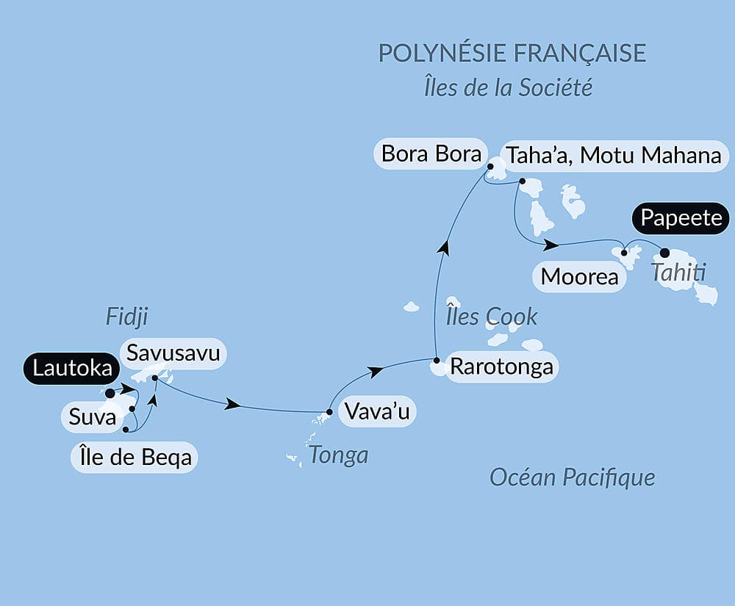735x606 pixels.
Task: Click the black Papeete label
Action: click(681, 218)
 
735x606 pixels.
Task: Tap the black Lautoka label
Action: click(71, 369)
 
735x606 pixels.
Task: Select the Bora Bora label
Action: click(431, 154)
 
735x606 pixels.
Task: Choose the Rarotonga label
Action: click(501, 366)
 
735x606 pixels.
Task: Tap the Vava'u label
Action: click(376, 411)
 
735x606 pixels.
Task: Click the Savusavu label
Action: click(173, 353)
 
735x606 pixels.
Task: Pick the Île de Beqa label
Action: click(135, 457)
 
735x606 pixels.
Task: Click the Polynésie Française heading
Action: click(512, 53)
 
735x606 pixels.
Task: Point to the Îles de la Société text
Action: click(508, 88)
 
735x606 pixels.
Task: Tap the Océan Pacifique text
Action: click(572, 478)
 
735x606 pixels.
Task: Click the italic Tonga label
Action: click(338, 455)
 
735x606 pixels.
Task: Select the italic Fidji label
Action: click(127, 317)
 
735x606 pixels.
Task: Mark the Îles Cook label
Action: click(492, 317)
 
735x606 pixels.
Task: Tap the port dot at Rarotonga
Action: click(437, 361)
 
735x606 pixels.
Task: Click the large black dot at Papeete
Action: click(665, 252)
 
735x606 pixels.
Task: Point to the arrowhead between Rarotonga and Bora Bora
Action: click(443, 248)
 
